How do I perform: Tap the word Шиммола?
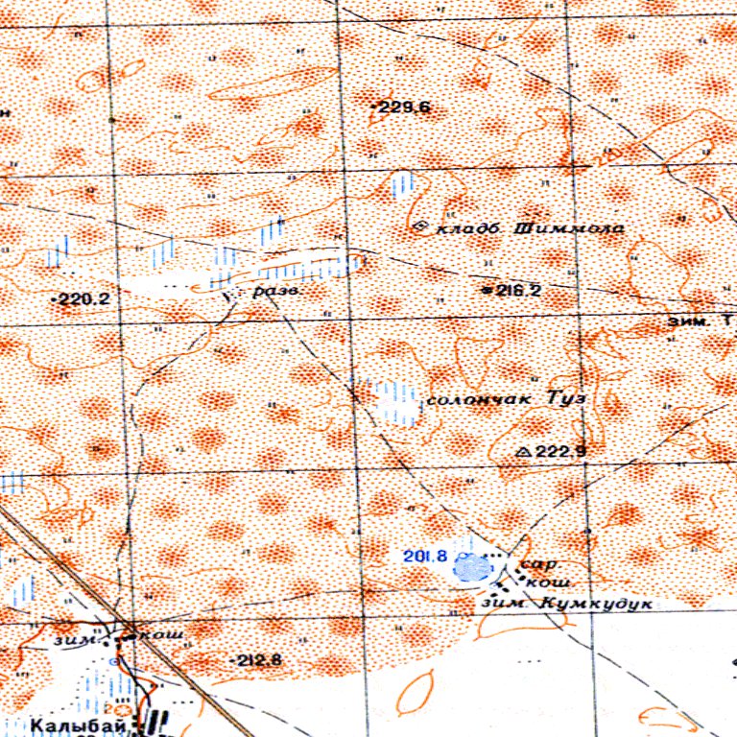570,229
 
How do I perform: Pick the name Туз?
566,396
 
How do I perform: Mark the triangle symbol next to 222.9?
523,451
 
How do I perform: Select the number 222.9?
560,451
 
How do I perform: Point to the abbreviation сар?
532,565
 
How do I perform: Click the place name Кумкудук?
597,605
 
